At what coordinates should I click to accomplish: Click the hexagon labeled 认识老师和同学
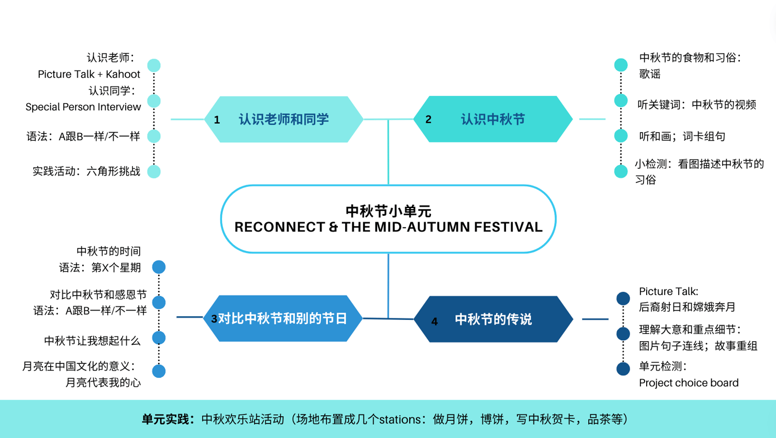283,120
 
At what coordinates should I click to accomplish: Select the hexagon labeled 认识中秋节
493,120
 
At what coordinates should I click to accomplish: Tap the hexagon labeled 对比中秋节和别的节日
282,318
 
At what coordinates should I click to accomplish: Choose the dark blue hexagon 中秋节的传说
493,319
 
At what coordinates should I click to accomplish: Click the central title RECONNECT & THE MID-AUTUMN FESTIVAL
388,227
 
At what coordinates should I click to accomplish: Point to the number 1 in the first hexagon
217,120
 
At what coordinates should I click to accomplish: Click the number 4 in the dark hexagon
435,322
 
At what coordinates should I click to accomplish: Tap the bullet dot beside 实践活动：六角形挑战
154,171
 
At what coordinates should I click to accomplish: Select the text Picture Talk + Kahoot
89,74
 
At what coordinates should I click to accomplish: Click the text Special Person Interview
83,107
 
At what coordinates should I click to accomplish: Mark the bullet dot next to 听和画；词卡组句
621,136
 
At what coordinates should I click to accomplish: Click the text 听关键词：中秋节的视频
697,105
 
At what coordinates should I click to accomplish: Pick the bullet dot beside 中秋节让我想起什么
159,338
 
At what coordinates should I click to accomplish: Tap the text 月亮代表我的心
103,383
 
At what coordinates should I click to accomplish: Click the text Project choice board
689,383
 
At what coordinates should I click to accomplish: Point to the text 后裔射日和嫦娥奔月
687,307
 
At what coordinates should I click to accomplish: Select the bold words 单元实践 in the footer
166,419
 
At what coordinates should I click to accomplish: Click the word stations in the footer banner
400,419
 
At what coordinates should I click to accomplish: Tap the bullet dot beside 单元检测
623,369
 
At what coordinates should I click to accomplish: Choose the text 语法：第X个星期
100,268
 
